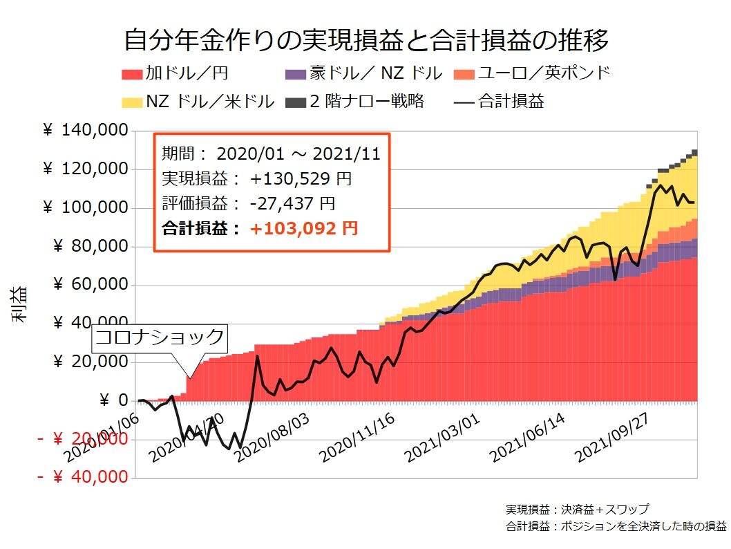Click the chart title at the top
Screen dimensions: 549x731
[365, 40]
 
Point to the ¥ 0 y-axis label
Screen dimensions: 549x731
[114, 400]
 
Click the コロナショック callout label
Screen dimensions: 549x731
[160, 337]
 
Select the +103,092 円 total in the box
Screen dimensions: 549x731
[304, 228]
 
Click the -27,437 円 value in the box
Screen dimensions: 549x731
[293, 203]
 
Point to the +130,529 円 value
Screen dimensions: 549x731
[301, 178]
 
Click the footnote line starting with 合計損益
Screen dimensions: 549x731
[616, 526]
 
